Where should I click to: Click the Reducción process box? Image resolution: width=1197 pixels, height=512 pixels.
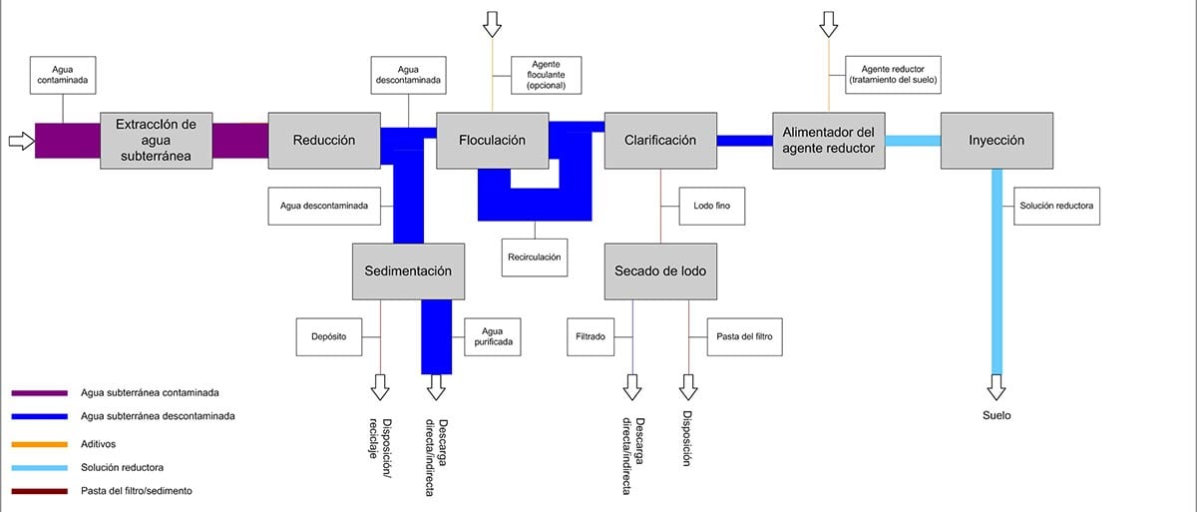[x=324, y=141]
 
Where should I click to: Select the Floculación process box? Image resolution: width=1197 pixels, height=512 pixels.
[x=492, y=141]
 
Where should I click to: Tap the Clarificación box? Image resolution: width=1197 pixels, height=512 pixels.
[x=660, y=141]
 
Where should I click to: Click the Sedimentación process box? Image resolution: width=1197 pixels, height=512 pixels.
[x=408, y=271]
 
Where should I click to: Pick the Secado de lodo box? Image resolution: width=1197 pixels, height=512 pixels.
[x=660, y=271]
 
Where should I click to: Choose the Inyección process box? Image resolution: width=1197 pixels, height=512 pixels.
[x=997, y=141]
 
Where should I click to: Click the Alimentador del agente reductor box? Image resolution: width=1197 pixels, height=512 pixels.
[x=829, y=141]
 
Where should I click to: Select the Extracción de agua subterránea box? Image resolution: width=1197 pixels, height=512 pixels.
[x=156, y=141]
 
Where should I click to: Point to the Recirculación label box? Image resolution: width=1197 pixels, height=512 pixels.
[x=535, y=257]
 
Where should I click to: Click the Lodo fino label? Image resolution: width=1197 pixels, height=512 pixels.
[x=712, y=206]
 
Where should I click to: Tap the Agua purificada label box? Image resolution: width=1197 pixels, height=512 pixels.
[x=493, y=337]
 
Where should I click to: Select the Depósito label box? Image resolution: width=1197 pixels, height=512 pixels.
[x=329, y=337]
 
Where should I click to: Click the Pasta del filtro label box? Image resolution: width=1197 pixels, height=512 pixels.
[x=744, y=337]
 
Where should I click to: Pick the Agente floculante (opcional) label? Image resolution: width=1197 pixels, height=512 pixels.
[x=547, y=76]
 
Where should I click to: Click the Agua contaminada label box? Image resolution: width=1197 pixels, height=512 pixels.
[x=63, y=76]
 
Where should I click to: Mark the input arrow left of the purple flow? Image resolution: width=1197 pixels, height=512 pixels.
[x=22, y=141]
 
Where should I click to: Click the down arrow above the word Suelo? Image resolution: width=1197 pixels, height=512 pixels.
[x=997, y=387]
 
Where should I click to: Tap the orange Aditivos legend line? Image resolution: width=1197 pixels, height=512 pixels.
[x=40, y=444]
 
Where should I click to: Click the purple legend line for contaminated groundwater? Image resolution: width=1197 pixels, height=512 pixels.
[x=40, y=393]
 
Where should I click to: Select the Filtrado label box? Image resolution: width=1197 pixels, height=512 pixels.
[x=591, y=337]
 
